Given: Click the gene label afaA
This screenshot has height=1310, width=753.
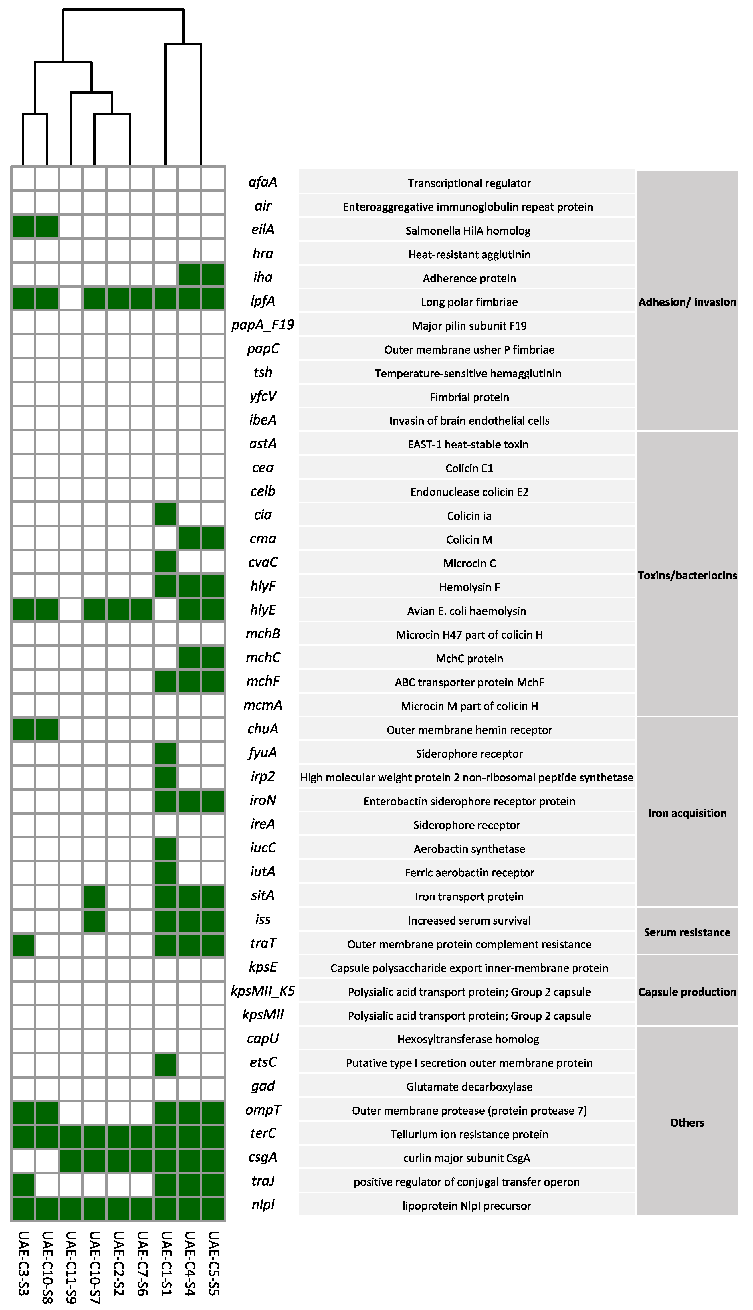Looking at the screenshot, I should [x=263, y=182].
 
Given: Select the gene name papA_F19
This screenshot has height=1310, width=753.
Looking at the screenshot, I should [x=263, y=325].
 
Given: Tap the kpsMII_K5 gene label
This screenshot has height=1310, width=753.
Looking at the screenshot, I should [x=263, y=991].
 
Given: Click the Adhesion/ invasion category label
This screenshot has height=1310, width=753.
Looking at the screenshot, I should [x=687, y=302].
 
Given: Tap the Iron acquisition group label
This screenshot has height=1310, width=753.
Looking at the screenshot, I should [x=687, y=813].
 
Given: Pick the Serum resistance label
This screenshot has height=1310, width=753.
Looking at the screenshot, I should [x=687, y=932].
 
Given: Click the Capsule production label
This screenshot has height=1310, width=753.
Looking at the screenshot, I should [x=687, y=992].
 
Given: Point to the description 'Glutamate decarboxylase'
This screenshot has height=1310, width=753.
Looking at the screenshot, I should [x=469, y=1087].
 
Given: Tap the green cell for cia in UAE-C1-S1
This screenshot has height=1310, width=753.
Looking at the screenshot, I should [x=165, y=514].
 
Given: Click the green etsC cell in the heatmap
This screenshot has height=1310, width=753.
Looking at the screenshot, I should [x=165, y=1062].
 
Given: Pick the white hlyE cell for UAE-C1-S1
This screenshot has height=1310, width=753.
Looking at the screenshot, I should [x=165, y=609].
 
